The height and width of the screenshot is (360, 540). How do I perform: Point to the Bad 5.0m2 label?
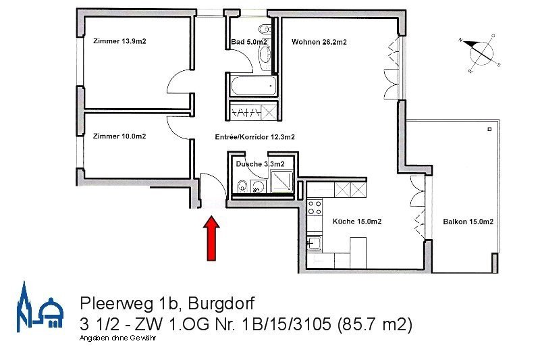pyautogui.click(x=248, y=42)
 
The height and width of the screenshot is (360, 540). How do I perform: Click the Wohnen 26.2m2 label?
pyautogui.click(x=319, y=42)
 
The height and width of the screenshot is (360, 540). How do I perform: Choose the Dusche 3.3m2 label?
pyautogui.click(x=260, y=164)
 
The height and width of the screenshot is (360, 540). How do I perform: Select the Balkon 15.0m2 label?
pyautogui.click(x=468, y=222)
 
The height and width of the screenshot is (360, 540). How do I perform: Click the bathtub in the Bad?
pyautogui.click(x=252, y=85)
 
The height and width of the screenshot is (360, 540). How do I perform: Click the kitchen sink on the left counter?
pyautogui.click(x=315, y=243)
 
